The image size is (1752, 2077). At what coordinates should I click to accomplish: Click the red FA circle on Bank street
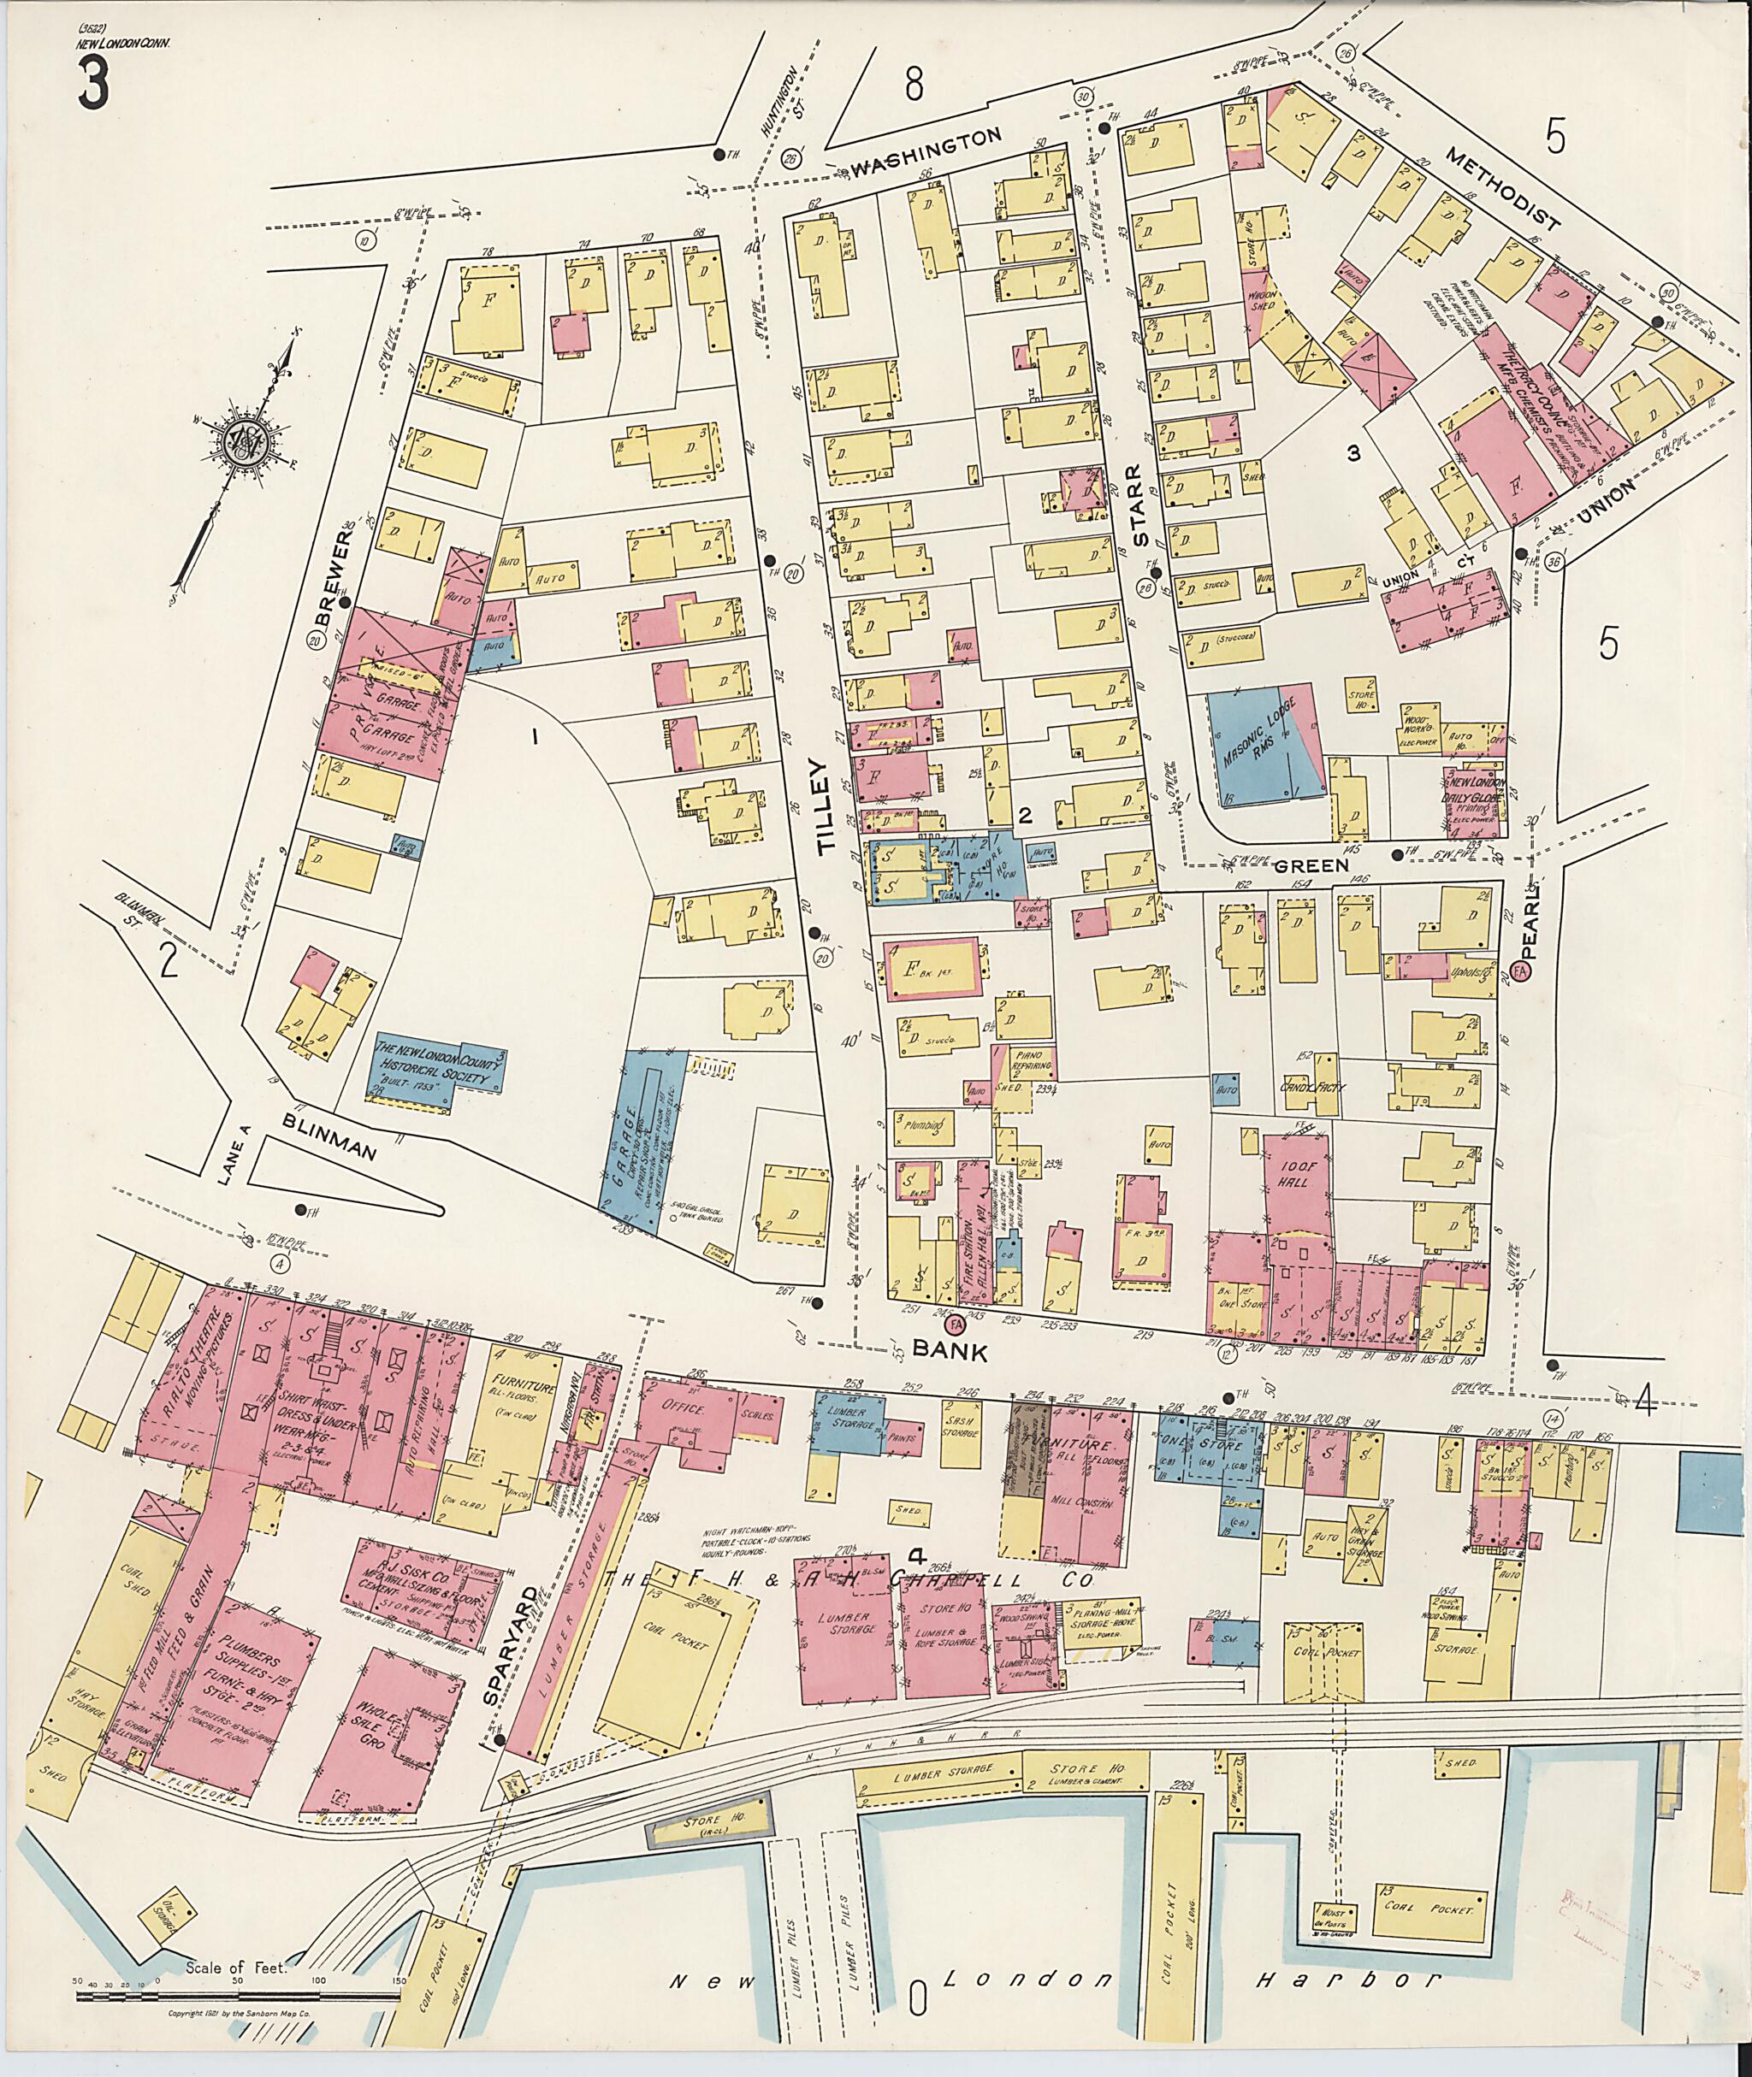point(956,1325)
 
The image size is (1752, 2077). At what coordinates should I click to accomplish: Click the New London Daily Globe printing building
point(1474,795)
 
